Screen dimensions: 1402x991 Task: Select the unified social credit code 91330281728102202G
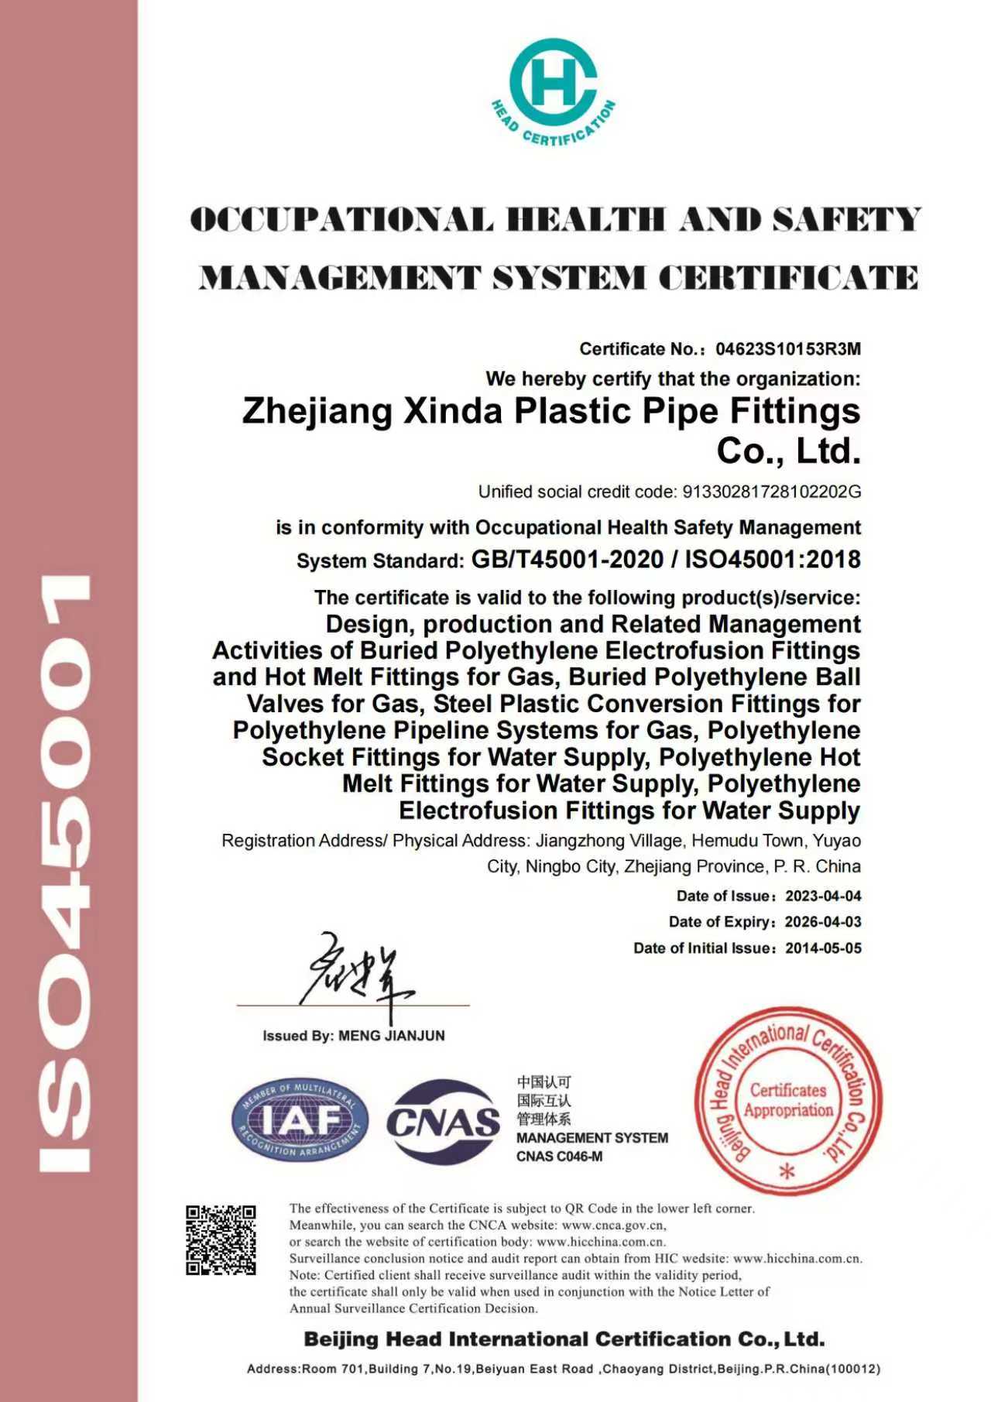tap(771, 492)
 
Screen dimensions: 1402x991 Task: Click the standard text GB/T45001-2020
tap(567, 559)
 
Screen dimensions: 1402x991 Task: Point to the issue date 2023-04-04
tap(823, 896)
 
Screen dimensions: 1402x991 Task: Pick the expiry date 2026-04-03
tap(823, 922)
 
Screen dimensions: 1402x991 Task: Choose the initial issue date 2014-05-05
tap(823, 948)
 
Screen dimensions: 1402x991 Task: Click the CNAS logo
tap(444, 1120)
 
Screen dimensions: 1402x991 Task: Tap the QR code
tap(221, 1239)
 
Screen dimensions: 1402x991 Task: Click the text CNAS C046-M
tap(559, 1157)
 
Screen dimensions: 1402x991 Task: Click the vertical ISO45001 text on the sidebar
tap(65, 871)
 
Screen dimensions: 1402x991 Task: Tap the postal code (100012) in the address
tap(854, 1369)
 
